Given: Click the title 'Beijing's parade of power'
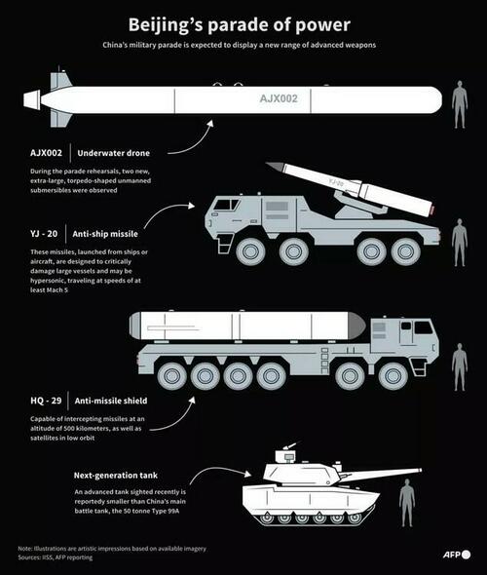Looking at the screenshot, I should (x=243, y=22).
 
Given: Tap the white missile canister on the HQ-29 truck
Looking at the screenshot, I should (x=248, y=326).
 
